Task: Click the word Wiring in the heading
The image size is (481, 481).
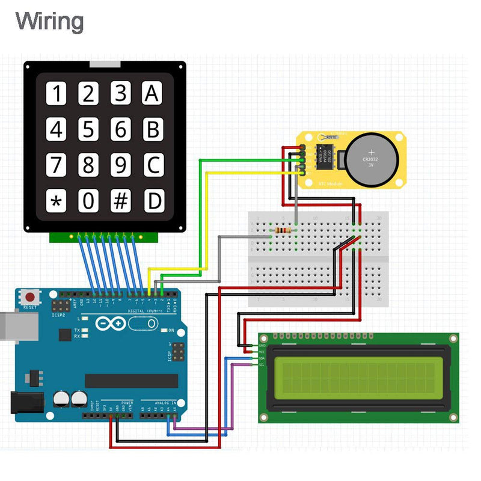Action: [x=49, y=22]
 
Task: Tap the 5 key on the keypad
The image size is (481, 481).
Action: [x=88, y=130]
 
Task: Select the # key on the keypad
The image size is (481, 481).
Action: [x=121, y=201]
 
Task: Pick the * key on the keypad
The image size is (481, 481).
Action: [x=57, y=201]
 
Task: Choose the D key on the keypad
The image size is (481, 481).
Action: [x=154, y=201]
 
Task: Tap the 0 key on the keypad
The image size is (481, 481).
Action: [x=88, y=201]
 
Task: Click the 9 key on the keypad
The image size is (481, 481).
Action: [x=121, y=165]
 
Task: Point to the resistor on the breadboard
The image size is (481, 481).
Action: [x=282, y=230]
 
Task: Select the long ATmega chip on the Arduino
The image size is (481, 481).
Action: [x=131, y=381]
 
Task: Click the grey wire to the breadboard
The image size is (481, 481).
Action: [x=219, y=259]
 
